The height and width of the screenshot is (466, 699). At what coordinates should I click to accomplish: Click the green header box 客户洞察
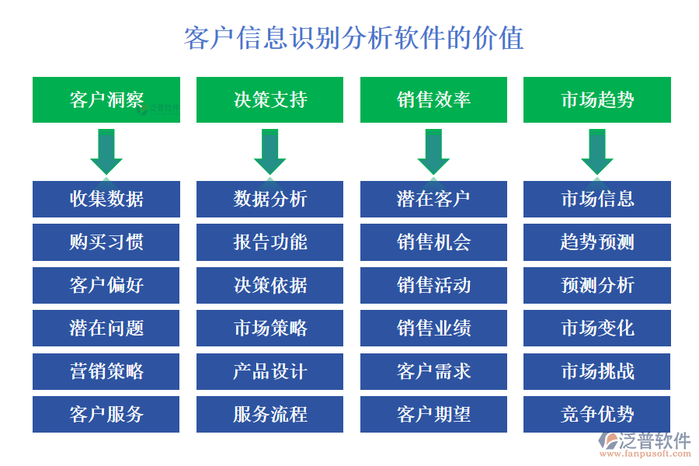[106, 99]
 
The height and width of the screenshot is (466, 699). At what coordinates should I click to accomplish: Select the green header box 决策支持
[270, 99]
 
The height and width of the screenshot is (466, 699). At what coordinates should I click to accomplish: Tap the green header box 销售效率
[433, 99]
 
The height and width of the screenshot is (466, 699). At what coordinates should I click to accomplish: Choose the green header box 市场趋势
[596, 99]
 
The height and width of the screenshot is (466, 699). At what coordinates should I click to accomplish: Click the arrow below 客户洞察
[106, 151]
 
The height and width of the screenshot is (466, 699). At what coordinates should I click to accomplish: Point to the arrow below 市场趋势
[596, 151]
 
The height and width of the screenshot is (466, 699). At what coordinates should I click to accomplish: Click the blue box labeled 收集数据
[106, 199]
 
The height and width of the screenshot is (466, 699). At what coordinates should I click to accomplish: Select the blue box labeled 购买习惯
[106, 242]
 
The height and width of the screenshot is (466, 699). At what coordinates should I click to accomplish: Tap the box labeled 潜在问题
[106, 328]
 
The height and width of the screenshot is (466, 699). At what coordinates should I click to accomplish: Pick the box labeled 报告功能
[270, 242]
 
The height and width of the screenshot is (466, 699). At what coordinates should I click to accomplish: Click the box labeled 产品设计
[270, 371]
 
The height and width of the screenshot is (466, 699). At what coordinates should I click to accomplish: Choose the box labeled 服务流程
[270, 414]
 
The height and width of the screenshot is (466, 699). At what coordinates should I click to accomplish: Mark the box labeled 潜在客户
[433, 199]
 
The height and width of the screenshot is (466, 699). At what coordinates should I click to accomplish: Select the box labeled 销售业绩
[433, 328]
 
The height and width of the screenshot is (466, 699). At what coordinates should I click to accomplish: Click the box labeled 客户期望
[433, 414]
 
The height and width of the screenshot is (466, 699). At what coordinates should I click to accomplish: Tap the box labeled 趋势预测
[596, 242]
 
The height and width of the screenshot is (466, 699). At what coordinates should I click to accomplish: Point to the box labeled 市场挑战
[596, 371]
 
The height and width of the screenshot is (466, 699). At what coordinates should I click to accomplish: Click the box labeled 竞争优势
[596, 414]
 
